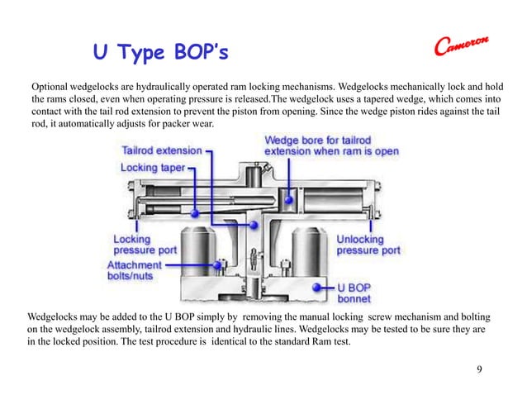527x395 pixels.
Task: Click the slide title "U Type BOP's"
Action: click(159, 55)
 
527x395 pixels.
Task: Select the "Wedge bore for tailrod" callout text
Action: click(322, 140)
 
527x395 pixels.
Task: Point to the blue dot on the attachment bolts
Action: click(219, 264)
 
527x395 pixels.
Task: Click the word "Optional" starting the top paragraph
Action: click(51, 86)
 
